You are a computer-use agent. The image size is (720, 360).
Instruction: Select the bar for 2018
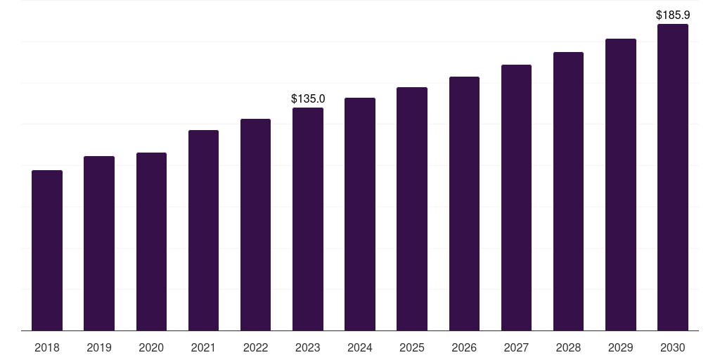click(47, 250)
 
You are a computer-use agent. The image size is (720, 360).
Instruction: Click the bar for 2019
click(99, 243)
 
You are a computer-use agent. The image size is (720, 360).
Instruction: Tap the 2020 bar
click(152, 242)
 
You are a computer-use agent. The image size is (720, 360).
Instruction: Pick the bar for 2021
click(203, 230)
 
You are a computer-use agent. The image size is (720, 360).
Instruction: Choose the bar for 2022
click(255, 224)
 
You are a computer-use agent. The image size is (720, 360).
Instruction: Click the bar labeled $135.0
click(308, 219)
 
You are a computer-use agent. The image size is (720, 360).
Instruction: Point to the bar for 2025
click(412, 209)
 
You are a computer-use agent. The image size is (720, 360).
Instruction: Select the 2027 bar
click(516, 198)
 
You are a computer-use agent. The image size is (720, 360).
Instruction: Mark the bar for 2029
click(621, 185)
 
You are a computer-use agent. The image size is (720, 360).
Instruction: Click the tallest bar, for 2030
click(673, 177)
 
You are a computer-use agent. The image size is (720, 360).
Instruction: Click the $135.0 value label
click(308, 98)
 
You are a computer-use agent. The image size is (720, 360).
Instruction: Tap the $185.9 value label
click(673, 15)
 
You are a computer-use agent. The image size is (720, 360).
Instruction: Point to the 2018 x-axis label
click(47, 348)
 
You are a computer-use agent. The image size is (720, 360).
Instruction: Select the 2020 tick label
click(151, 348)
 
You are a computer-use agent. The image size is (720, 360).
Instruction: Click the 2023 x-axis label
click(308, 348)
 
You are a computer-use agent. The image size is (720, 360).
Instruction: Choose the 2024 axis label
click(359, 348)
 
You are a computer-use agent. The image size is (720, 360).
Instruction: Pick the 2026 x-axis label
click(464, 348)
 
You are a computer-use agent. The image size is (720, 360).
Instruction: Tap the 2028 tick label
click(568, 348)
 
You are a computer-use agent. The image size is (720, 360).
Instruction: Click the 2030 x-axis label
click(673, 348)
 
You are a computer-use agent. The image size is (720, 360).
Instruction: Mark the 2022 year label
click(255, 348)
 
